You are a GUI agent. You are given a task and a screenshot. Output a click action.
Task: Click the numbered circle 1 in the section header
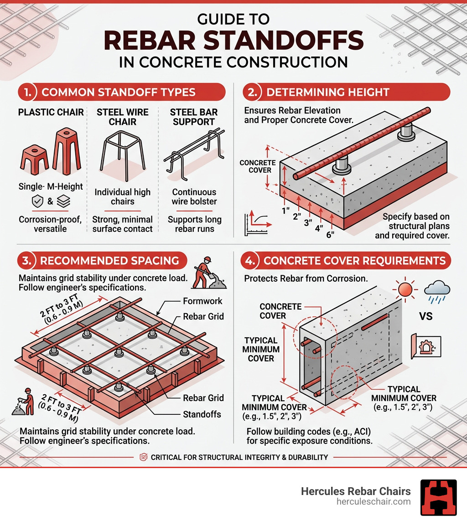[27, 92]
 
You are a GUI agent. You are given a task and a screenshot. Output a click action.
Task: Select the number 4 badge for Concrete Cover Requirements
[249, 261]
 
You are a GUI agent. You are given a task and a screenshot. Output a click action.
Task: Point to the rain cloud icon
[436, 291]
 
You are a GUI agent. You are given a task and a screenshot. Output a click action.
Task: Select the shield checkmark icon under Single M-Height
[37, 202]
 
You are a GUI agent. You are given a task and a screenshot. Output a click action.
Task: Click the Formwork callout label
[202, 301]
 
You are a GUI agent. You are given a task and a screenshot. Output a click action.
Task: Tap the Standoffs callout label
[202, 414]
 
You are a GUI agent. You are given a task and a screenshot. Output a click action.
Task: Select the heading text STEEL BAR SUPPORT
[193, 117]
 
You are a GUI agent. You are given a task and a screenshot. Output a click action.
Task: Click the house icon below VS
[426, 345]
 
